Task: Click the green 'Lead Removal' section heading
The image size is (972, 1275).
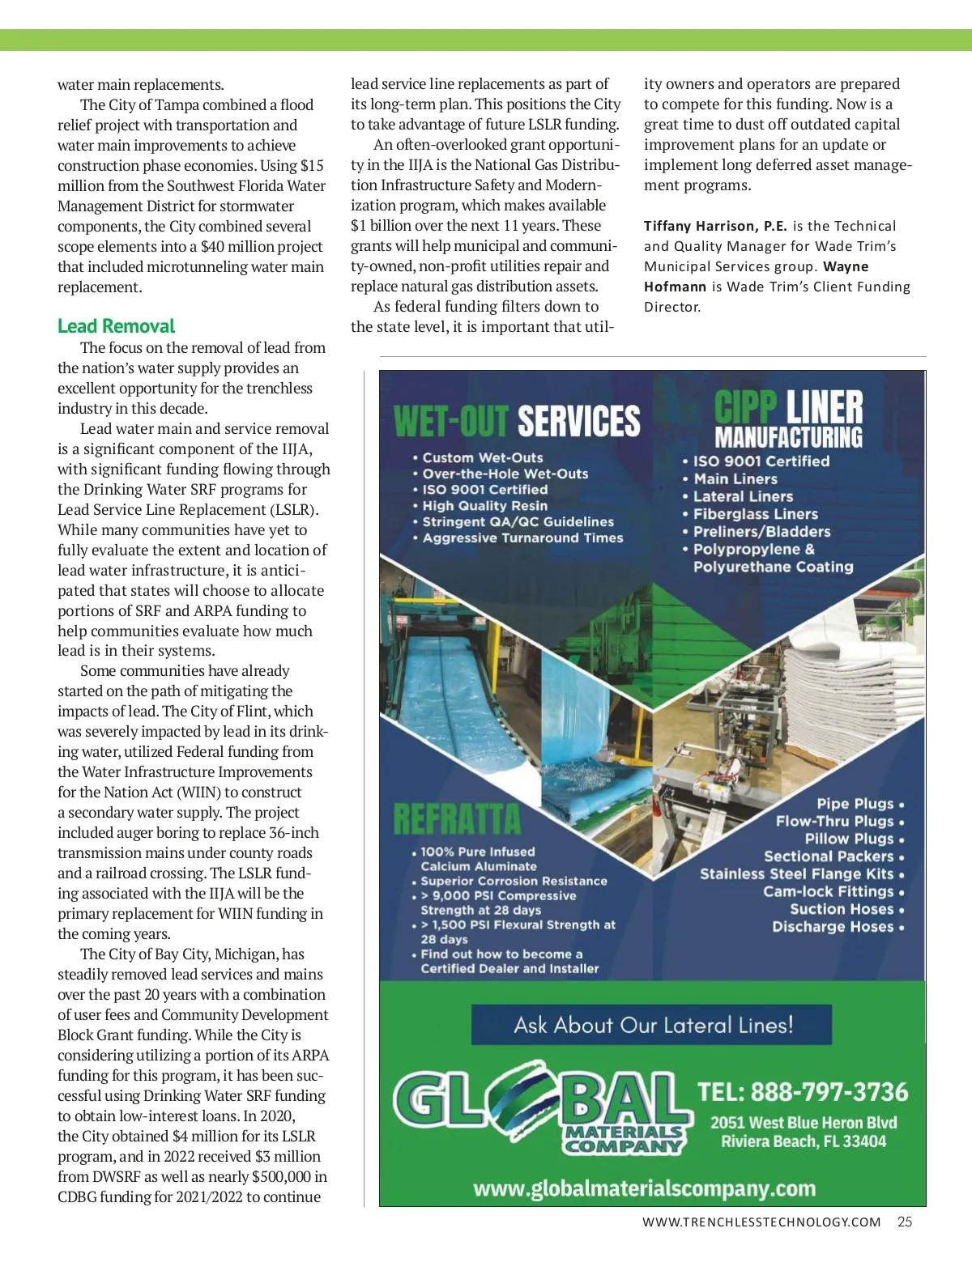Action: point(116,326)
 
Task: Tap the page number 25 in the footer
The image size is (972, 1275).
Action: point(905,1222)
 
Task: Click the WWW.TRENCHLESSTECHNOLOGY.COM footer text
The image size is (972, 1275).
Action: point(761,1222)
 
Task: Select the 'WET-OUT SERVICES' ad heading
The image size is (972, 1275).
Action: point(517,421)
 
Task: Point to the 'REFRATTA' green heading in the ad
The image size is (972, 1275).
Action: point(457,819)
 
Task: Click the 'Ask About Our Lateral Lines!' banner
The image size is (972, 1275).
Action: point(652,1025)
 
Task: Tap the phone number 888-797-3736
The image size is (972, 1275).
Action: point(829,1092)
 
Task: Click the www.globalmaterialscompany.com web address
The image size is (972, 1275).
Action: point(644,1188)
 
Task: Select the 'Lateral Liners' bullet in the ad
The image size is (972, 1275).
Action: point(743,496)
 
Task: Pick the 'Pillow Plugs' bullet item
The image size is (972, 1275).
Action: point(849,839)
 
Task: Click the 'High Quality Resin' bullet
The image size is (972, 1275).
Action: point(484,506)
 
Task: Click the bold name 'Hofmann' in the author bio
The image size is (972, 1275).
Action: point(676,287)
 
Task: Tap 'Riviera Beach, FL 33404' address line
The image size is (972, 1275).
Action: point(804,1141)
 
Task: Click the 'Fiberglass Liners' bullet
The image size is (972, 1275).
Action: point(755,514)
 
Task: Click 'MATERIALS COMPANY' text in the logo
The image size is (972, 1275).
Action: point(624,1138)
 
